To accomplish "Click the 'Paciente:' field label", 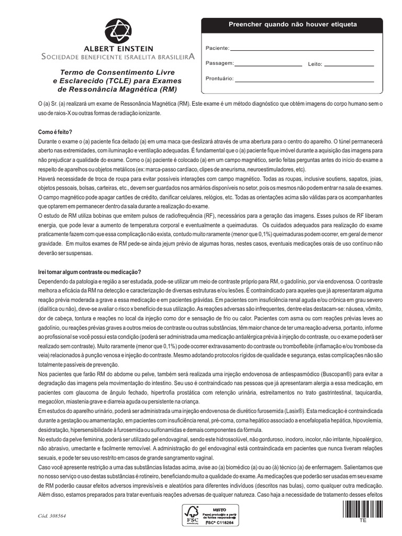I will coord(217,48).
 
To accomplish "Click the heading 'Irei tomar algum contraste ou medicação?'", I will coord(90,272).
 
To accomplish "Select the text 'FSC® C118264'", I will coord(218,523).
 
